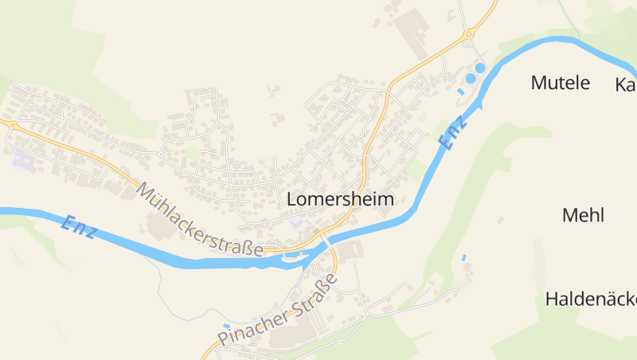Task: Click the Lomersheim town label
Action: point(340,199)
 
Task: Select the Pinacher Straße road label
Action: point(278,311)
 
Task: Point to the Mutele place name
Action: point(560,82)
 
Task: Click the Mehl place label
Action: point(583,215)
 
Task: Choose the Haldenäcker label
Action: point(591,299)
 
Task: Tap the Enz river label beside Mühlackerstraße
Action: point(79,226)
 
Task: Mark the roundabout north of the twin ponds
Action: point(469,33)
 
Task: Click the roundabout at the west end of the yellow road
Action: point(12,124)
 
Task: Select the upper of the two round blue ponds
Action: point(480,68)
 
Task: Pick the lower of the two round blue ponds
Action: point(471,78)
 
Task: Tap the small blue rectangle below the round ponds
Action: point(460,92)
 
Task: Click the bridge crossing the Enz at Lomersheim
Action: point(326,241)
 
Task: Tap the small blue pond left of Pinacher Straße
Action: point(227,326)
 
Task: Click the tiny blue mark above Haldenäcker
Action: point(463,257)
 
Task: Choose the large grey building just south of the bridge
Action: point(349,252)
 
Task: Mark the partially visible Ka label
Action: point(626,84)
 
